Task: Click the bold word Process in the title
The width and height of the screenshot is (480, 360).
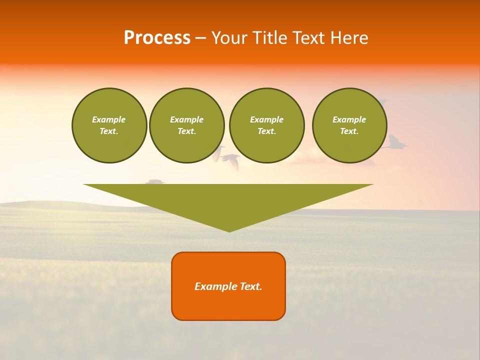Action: click(x=157, y=38)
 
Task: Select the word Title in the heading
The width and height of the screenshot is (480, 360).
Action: click(x=273, y=38)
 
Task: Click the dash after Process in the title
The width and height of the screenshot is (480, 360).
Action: click(x=200, y=39)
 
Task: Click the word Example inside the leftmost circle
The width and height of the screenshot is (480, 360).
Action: click(x=109, y=119)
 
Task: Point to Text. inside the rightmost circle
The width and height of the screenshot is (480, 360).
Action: click(x=349, y=131)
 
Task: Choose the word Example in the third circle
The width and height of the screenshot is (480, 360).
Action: click(x=266, y=119)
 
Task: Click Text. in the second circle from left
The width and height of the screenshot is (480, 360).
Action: click(x=187, y=131)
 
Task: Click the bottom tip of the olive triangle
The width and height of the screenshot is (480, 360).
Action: click(x=229, y=230)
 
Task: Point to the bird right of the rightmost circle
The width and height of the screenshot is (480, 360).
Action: click(x=395, y=143)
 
